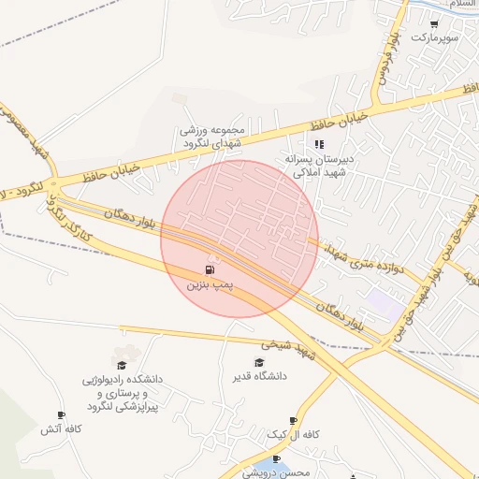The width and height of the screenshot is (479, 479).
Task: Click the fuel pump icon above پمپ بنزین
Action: (x=208, y=269)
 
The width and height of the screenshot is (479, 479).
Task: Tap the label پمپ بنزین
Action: (x=209, y=283)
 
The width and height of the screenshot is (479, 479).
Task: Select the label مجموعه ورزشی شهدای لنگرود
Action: (x=213, y=138)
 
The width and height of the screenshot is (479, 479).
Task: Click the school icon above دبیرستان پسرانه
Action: (x=319, y=145)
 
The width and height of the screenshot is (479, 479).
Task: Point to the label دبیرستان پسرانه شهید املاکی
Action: (x=322, y=166)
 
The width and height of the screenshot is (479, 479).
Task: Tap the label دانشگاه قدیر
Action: (x=260, y=376)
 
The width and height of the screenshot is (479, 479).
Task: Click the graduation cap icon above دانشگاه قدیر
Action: (x=259, y=362)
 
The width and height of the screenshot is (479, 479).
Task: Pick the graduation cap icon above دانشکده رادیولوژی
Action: (x=121, y=364)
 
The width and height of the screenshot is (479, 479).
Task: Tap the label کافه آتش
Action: (x=62, y=429)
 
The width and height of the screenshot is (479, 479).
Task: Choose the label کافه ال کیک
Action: (x=294, y=435)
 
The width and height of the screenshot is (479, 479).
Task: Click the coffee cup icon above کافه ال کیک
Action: (x=294, y=421)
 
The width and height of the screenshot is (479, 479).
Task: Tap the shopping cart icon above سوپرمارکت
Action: (x=434, y=24)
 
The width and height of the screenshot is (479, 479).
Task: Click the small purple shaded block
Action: (x=383, y=302)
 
